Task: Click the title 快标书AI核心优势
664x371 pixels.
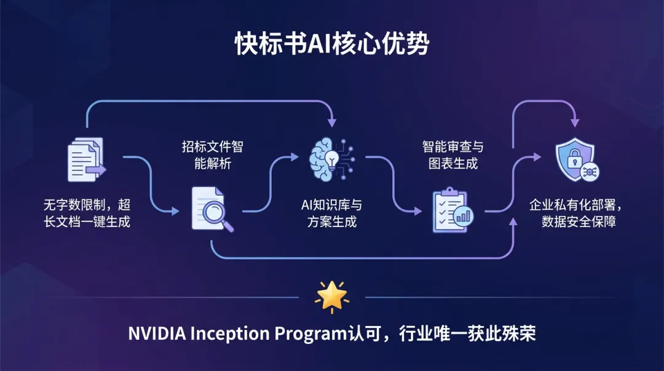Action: [331, 45]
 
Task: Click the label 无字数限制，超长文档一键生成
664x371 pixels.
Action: [86, 213]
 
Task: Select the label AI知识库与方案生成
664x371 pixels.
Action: [332, 213]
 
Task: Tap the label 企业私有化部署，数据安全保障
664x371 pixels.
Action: [575, 213]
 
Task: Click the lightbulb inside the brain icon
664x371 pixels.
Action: [332, 158]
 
